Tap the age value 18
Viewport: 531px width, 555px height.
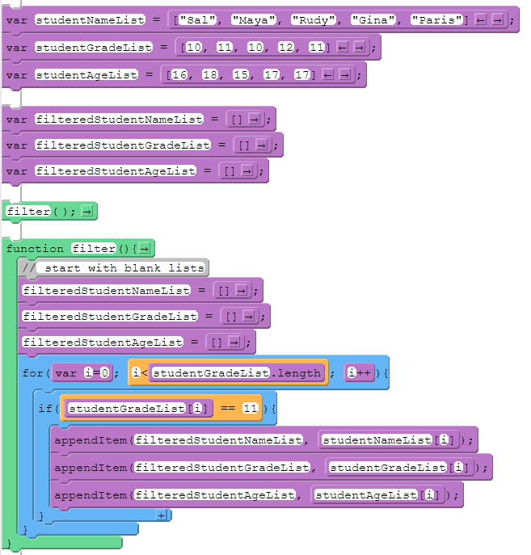209,75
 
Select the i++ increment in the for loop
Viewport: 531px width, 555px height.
359,372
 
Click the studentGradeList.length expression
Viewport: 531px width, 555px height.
236,372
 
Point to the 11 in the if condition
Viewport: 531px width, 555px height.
250,409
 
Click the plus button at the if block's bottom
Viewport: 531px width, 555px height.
161,515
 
